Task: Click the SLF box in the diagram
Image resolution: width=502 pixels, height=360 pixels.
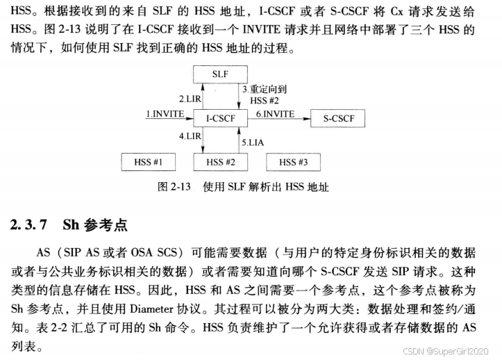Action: point(220,73)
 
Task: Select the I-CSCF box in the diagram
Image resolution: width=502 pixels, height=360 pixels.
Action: point(220,119)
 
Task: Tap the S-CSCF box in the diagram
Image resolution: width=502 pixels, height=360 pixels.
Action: point(338,119)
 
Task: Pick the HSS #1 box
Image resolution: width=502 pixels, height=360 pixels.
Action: point(148,162)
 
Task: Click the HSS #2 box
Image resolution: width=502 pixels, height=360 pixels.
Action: point(220,162)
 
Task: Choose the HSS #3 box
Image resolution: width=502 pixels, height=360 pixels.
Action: point(293,162)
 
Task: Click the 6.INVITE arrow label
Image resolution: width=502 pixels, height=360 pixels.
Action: point(276,113)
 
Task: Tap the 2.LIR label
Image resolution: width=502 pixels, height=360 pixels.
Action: point(190,99)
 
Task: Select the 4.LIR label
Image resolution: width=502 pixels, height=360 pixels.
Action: point(190,136)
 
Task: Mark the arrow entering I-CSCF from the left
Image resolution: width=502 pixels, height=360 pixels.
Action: point(167,120)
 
